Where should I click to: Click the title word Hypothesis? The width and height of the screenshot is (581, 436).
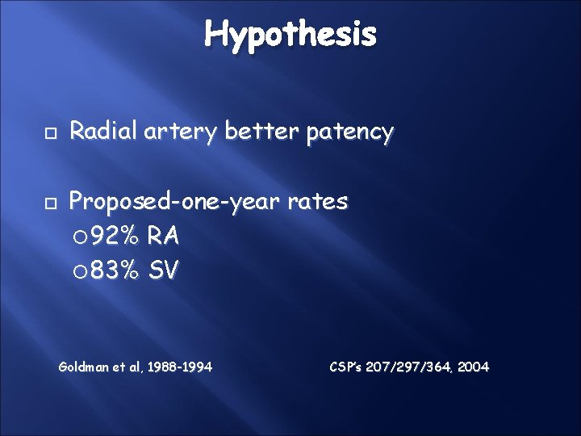click(290, 34)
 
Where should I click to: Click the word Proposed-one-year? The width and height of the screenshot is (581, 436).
click(178, 201)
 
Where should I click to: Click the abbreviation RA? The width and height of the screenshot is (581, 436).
click(164, 237)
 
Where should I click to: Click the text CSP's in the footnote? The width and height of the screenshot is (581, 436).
click(347, 367)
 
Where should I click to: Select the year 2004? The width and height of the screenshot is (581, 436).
click(472, 367)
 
